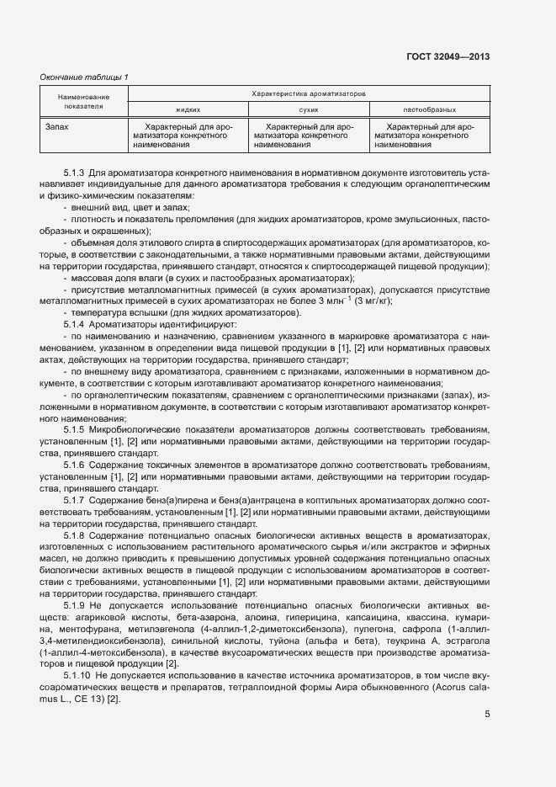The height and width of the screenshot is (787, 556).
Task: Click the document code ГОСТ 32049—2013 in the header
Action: (448, 57)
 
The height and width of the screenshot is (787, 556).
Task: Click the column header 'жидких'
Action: (188, 109)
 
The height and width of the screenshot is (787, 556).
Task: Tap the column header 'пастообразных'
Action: (430, 109)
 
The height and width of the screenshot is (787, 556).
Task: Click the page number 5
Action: (488, 692)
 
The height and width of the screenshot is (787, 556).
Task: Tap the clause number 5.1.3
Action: (74, 172)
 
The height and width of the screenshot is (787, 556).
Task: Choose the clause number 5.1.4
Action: (74, 324)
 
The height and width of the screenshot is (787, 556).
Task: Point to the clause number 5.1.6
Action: (74, 465)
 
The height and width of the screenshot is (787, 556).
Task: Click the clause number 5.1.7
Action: (74, 501)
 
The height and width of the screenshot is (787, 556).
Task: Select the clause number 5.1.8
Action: (74, 535)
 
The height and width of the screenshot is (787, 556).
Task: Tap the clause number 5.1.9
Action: (74, 606)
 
